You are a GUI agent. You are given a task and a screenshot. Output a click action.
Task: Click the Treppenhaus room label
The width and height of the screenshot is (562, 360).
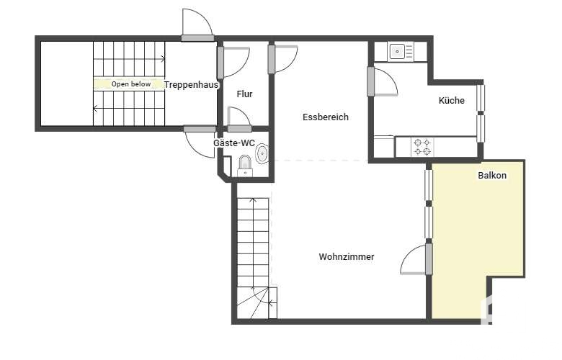tap(191, 85)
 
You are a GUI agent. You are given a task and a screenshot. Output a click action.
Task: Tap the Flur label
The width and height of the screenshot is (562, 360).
tap(244, 94)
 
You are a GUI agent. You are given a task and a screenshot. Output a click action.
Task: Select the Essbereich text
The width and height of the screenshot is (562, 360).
tap(326, 117)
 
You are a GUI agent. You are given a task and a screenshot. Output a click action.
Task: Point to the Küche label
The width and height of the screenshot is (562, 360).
tap(451, 100)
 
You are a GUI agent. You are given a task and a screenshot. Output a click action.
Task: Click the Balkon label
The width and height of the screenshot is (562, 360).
tap(492, 175)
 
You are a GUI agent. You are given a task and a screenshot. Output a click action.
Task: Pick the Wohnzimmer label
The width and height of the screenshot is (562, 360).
tap(347, 256)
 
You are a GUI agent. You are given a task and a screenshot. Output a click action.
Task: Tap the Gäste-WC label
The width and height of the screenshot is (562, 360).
tap(234, 143)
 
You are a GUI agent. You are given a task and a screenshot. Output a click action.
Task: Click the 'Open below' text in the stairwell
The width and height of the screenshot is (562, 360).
tap(131, 84)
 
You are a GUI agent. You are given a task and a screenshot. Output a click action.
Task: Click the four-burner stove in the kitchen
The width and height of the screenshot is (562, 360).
tap(421, 147)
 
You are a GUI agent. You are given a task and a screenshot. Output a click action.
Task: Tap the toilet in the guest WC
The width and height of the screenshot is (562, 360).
tap(245, 166)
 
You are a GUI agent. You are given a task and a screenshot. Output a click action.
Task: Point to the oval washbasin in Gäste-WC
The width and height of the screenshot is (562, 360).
tap(262, 153)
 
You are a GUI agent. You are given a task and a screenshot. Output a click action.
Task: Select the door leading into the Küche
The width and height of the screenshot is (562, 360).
tap(382, 81)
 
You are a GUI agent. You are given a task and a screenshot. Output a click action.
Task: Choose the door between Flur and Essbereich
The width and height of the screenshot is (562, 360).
tap(282, 59)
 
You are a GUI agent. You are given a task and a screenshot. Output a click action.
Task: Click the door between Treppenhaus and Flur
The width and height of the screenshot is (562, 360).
tap(233, 63)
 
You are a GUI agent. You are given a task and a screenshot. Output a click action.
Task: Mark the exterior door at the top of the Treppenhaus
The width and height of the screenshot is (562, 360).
tap(197, 24)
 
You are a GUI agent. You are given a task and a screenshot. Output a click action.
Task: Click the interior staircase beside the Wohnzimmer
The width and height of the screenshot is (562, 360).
tap(257, 258)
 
